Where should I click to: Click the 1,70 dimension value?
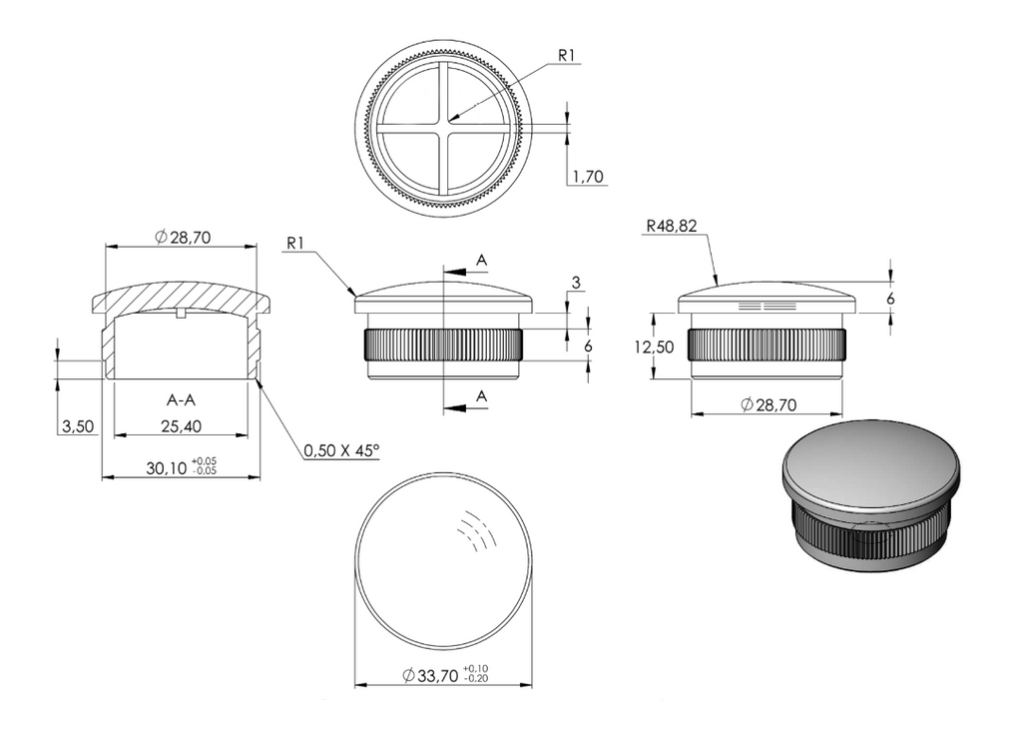coord(588,177)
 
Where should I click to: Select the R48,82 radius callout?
coord(672,227)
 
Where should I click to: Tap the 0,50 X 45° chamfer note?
coord(341,450)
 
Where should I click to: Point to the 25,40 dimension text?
coord(182,426)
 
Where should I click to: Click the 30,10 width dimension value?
coord(167,467)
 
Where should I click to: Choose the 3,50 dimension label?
coord(78,426)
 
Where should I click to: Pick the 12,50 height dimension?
coord(655,347)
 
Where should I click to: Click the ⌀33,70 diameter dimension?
coord(431,676)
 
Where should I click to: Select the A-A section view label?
coord(181,399)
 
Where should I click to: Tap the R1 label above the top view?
coord(567,56)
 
